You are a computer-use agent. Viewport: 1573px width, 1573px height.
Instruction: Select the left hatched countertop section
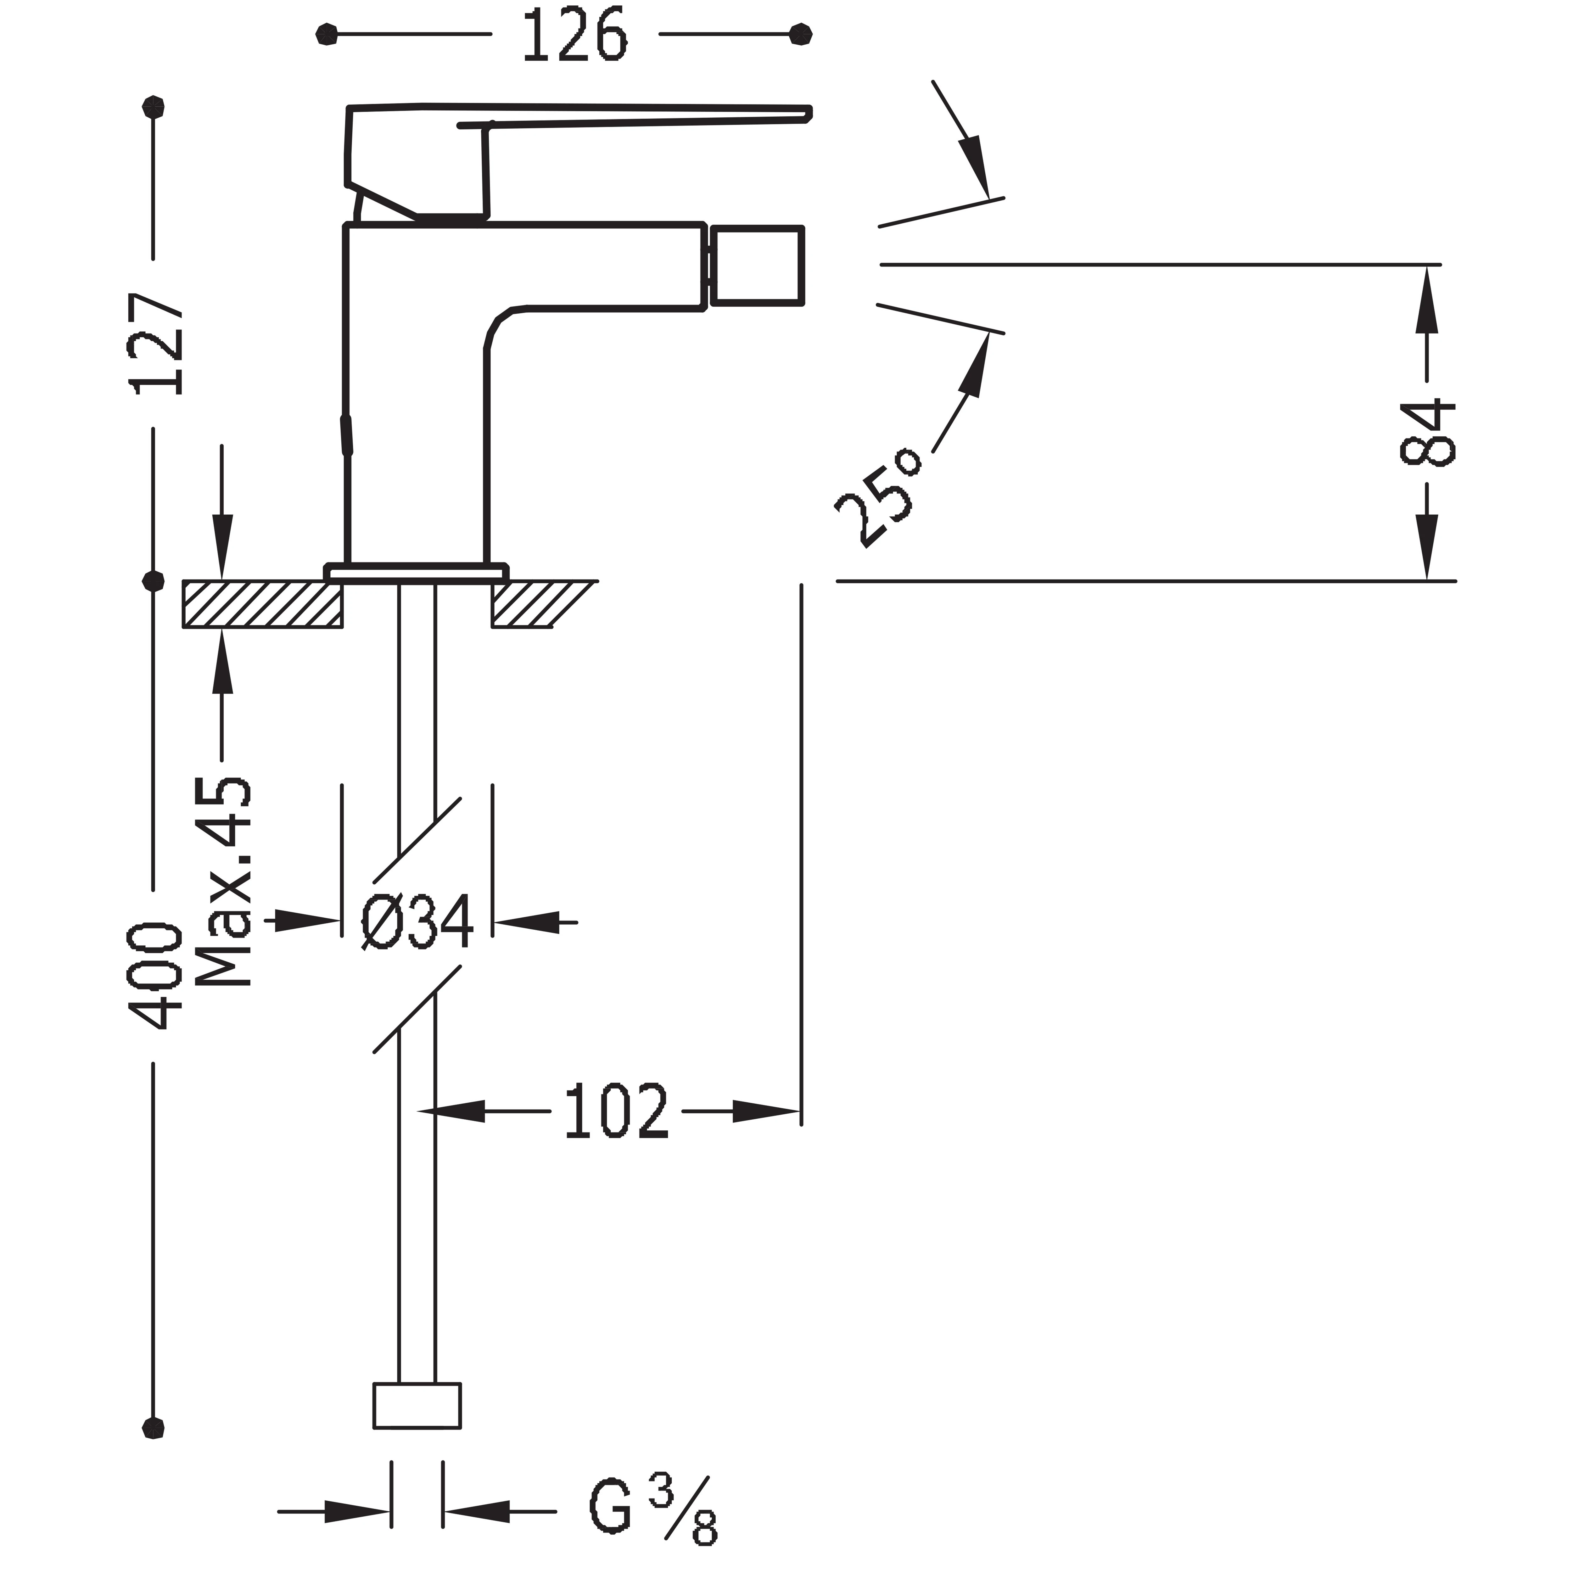262,604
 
